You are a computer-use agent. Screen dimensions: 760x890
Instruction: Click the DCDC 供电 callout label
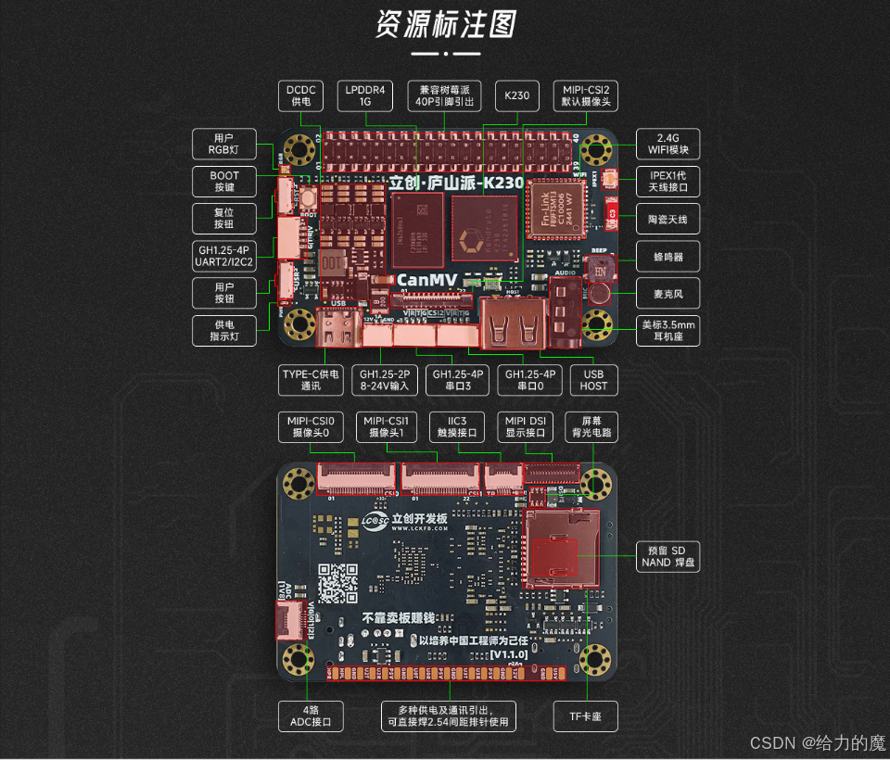[302, 95]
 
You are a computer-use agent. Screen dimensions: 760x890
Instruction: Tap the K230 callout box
[516, 95]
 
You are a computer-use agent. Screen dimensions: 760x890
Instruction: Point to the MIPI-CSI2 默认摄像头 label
[586, 95]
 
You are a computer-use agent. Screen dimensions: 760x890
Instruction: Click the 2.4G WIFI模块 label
[667, 144]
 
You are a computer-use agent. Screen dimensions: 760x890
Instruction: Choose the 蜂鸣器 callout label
[667, 257]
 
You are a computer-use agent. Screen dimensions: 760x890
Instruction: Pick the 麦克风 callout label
[667, 294]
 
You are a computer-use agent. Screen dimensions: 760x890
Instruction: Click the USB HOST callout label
[593, 379]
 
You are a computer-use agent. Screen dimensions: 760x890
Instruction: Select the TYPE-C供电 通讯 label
[311, 379]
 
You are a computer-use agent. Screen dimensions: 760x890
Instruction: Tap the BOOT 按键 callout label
[224, 181]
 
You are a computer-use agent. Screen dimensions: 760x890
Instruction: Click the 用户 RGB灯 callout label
[224, 144]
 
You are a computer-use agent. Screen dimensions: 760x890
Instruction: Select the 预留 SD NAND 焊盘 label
[667, 556]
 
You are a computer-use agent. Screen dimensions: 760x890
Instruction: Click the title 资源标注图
[446, 25]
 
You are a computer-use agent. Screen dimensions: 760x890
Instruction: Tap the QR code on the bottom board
[337, 583]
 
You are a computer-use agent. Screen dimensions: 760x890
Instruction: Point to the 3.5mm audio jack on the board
[566, 315]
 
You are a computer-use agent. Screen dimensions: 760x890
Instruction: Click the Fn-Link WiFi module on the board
[554, 209]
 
